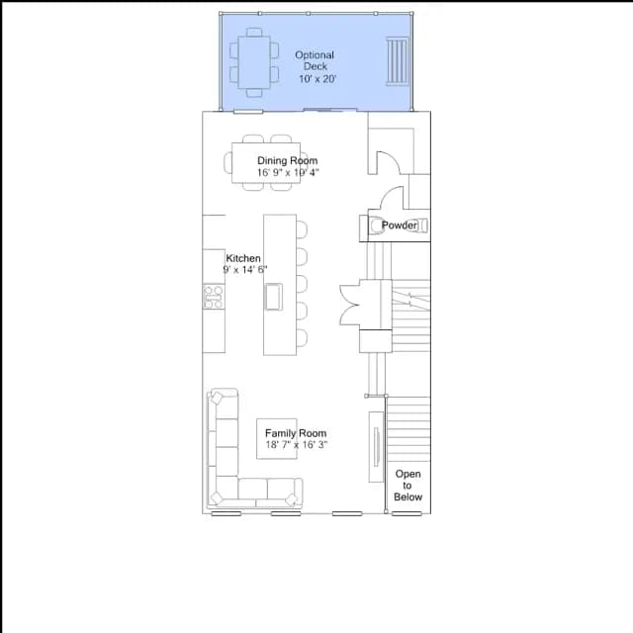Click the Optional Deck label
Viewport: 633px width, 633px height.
tap(315, 60)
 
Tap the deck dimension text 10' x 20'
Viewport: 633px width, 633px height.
tap(317, 79)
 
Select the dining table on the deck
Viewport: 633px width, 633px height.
tap(254, 62)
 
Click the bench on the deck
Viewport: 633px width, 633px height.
tap(398, 61)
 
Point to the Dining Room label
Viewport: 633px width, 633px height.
tap(288, 160)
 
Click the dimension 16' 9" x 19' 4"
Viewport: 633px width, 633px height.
tap(288, 172)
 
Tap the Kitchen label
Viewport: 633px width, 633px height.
tap(243, 258)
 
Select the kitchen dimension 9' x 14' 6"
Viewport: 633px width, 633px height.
tap(245, 269)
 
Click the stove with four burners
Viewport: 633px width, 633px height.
tap(214, 297)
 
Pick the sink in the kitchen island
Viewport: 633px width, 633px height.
tap(273, 297)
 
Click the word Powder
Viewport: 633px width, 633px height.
tap(400, 226)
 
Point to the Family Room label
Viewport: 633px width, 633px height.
tap(296, 433)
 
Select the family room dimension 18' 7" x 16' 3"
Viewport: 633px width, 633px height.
tap(297, 444)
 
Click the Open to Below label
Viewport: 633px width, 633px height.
tap(407, 486)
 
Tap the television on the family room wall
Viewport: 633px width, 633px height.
tap(376, 447)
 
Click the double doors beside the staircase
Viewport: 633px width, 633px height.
tap(349, 305)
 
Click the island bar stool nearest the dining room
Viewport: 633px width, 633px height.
tap(302, 228)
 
